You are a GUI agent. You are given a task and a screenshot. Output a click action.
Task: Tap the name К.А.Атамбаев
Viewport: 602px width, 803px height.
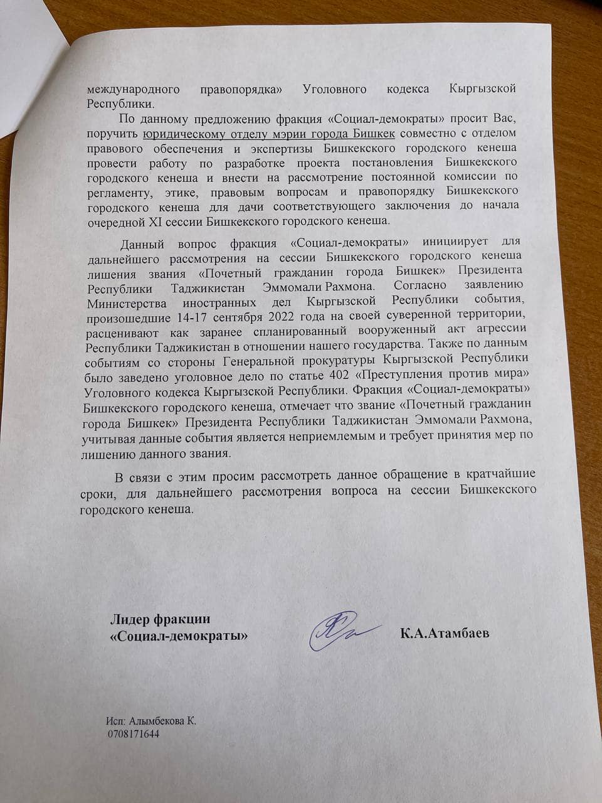pyautogui.click(x=445, y=633)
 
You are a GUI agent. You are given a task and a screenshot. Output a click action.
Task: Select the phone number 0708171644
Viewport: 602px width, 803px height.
pyautogui.click(x=134, y=733)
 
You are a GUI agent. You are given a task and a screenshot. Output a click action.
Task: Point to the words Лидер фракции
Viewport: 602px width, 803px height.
pyautogui.click(x=160, y=619)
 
